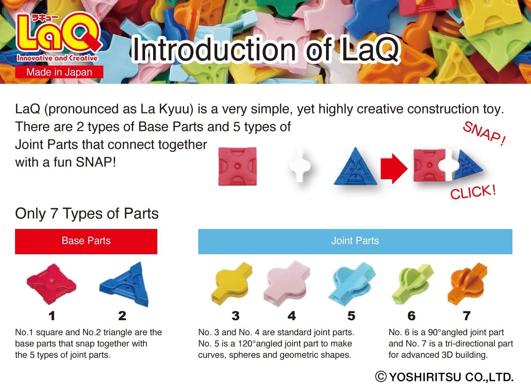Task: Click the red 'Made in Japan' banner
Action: tap(59, 72)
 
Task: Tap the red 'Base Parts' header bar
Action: tap(86, 241)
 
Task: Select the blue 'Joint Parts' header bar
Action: tap(355, 241)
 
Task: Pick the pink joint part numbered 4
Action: tap(286, 283)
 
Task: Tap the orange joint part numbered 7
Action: tap(467, 284)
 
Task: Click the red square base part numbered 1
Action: tap(51, 284)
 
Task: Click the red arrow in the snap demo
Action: tap(394, 169)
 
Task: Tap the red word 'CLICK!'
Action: tap(473, 192)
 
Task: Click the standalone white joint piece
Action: tap(299, 165)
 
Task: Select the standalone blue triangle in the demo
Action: tap(355, 166)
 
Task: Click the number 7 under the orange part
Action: tap(467, 316)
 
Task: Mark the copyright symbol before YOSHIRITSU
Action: tap(381, 376)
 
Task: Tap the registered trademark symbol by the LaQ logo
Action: tap(100, 15)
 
